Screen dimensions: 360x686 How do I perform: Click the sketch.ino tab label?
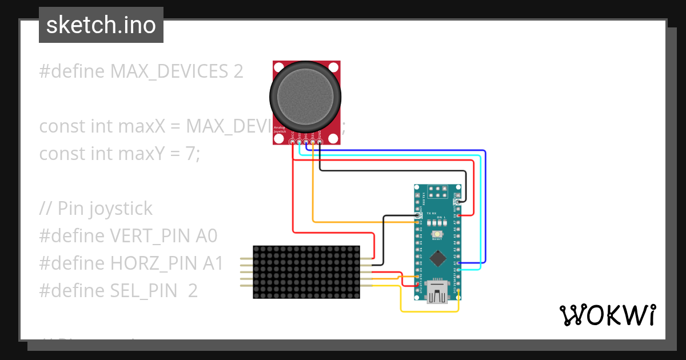tap(101, 25)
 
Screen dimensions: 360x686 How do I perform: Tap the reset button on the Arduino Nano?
tap(437, 235)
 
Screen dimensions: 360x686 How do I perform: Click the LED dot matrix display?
tap(306, 272)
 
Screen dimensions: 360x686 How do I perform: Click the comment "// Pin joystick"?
tap(95, 209)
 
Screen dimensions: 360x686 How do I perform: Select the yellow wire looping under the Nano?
tap(429, 311)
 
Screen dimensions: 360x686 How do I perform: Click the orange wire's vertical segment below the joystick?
tap(313, 189)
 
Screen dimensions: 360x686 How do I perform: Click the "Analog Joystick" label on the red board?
tap(280, 130)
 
